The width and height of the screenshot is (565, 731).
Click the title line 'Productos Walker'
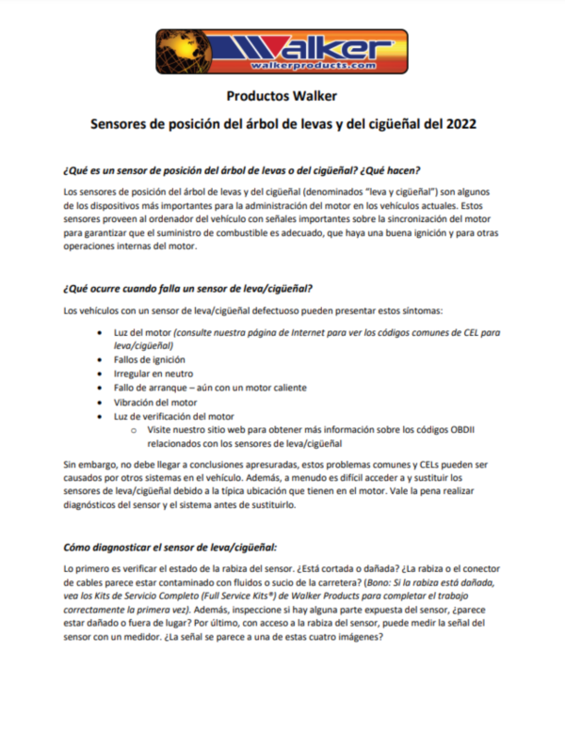coord(282,96)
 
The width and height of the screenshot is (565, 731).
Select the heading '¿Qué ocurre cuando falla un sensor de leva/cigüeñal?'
coord(187,287)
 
